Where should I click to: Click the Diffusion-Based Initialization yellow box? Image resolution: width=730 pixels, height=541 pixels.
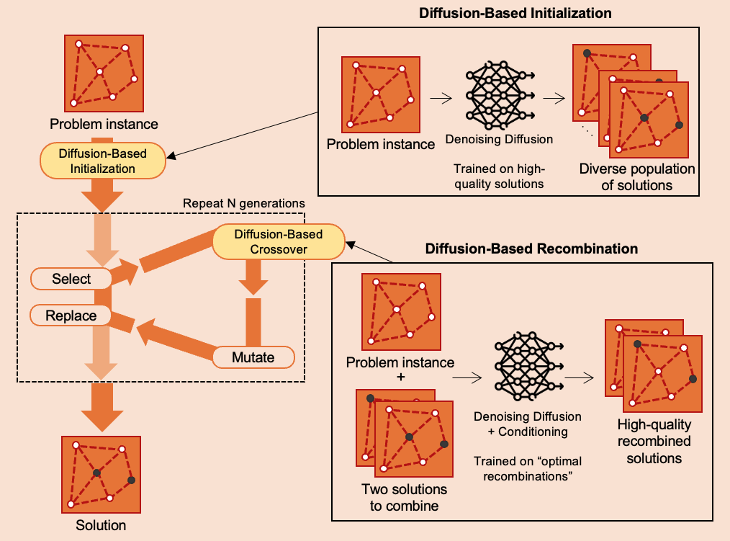pos(103,161)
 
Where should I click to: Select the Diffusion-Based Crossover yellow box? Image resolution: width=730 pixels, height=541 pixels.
pos(279,242)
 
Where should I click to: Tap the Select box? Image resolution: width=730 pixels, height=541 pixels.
pos(72,278)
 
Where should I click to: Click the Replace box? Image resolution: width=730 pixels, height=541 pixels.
pos(71,316)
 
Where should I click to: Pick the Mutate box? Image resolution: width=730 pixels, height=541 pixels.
pos(253,357)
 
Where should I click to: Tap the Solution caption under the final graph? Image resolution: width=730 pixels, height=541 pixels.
pos(101,525)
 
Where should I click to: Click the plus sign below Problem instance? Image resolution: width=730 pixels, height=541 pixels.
pos(400,377)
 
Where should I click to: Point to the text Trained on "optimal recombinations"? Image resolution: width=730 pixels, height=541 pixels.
pos(527,468)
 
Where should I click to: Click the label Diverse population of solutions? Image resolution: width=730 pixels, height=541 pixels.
pos(637,177)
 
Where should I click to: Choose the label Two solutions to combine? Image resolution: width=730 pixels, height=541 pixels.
pos(404,497)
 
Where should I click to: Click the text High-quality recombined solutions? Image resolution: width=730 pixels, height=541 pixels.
pos(654,440)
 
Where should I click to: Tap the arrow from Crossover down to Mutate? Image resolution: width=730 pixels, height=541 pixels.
pos(253,278)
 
